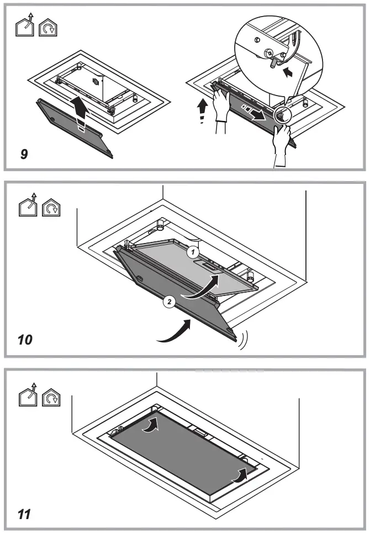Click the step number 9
tap(24, 155)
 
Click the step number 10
tap(26, 338)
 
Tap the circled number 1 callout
tap(192, 252)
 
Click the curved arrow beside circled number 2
tap(202, 288)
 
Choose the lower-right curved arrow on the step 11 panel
tap(239, 475)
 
